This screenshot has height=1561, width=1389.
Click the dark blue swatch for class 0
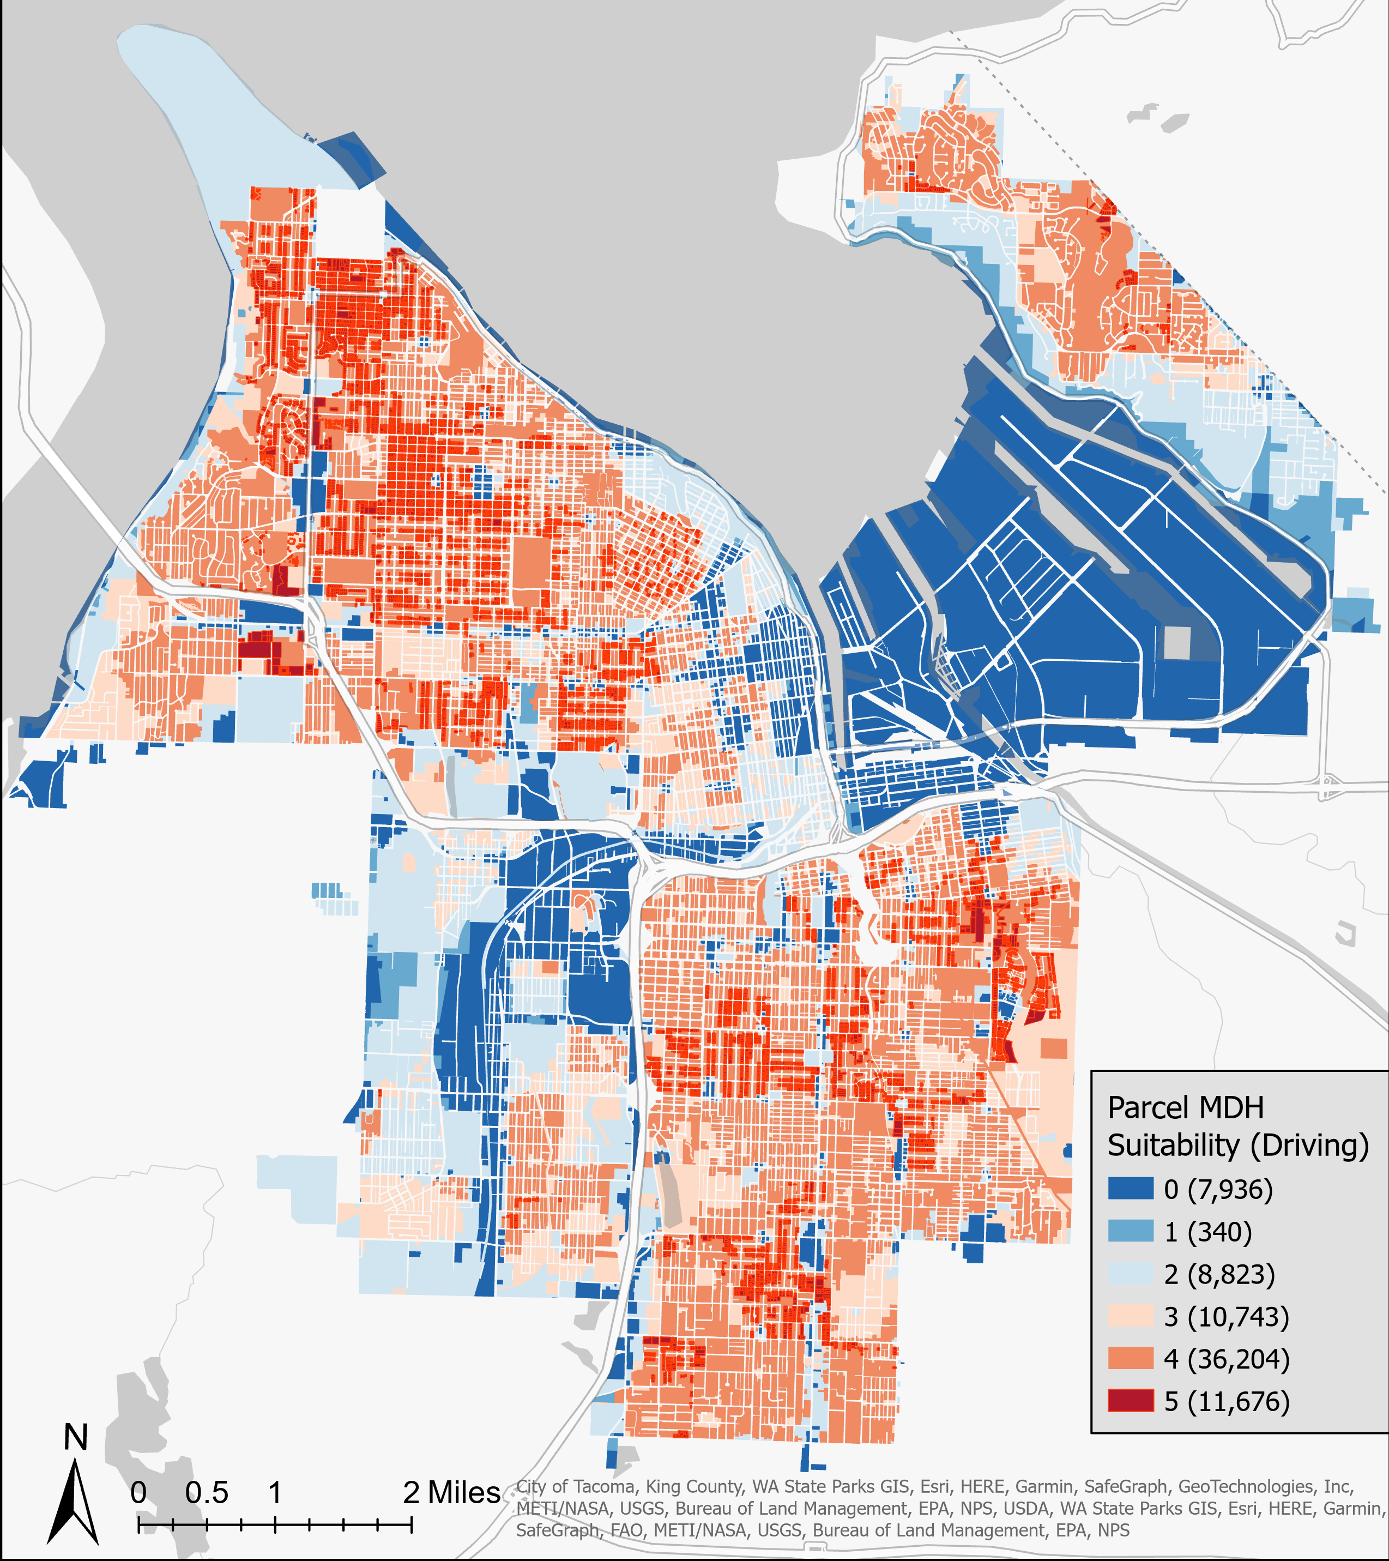pos(1131,1189)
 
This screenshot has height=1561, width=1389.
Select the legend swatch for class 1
pos(1131,1231)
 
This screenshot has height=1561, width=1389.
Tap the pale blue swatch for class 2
pos(1131,1274)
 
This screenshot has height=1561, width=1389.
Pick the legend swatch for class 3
pos(1131,1316)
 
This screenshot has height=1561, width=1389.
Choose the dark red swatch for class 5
pos(1131,1401)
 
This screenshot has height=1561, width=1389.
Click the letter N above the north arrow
pos(76,1437)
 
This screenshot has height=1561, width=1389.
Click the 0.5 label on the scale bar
pos(206,1493)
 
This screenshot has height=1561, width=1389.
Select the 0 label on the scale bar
pos(138,1493)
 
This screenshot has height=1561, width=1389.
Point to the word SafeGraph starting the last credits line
pos(557,1530)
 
